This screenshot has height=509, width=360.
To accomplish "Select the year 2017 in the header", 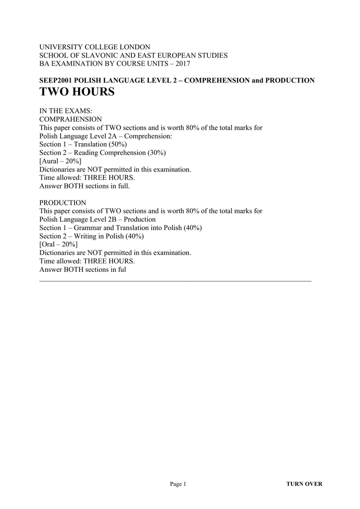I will tap(182, 64).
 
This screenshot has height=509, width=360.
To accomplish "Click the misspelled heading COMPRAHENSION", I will tap(70, 119).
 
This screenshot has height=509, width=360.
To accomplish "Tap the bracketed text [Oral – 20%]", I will tap(58, 245).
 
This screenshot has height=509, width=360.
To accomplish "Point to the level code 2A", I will tap(108, 136).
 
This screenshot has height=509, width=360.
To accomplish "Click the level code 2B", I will tap(108, 219).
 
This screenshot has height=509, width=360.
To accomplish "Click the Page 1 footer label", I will tap(178, 484).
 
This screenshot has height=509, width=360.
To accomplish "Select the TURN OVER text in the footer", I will tap(304, 484).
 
